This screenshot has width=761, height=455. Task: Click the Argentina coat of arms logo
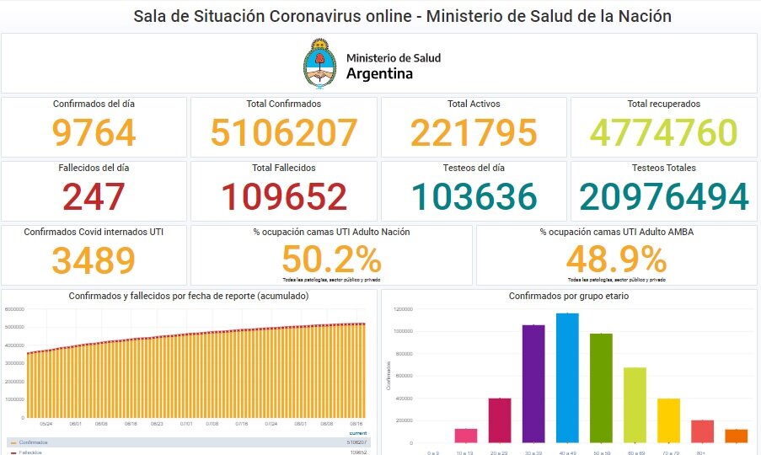coord(319,64)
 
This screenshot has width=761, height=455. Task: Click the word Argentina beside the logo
coord(379,73)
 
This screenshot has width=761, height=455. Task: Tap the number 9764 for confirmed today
coord(94,133)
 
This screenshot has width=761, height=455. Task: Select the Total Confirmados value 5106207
coord(284,133)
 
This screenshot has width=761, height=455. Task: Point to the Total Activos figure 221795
coord(474,133)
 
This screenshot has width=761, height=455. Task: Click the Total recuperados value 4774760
coord(663,133)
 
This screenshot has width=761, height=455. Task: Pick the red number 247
coord(94,197)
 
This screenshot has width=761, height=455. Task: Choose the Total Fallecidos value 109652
coord(284,197)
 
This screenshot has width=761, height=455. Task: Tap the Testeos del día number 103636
coord(474,197)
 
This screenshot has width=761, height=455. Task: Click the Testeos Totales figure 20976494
coord(663,197)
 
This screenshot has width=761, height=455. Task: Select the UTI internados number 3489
coord(94,260)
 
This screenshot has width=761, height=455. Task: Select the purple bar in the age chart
coord(533,383)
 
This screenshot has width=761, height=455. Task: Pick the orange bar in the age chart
coord(736,436)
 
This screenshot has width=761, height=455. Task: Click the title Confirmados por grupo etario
coord(568,297)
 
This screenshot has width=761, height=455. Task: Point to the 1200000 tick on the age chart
coord(402,309)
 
